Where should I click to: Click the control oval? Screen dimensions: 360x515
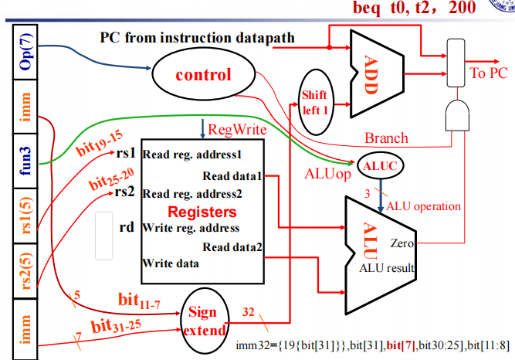(x=203, y=75)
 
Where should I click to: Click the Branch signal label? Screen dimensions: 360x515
(x=386, y=138)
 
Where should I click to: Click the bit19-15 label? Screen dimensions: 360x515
(x=99, y=140)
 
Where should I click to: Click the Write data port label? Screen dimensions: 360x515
(x=170, y=263)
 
